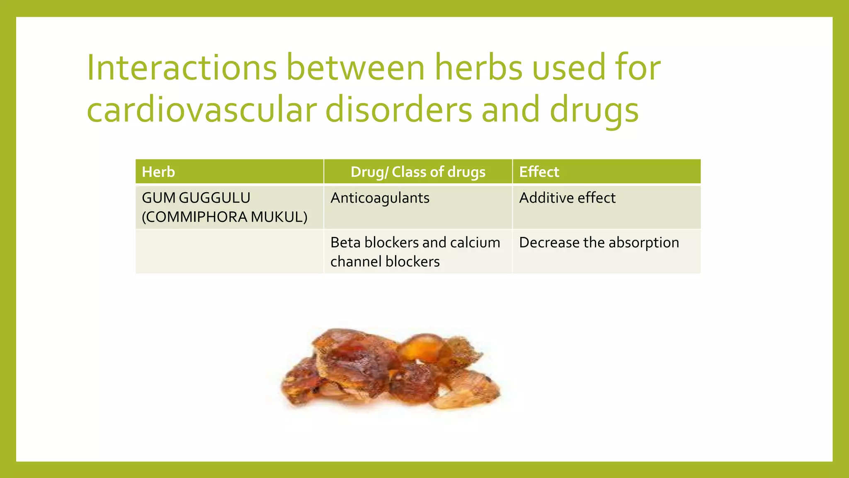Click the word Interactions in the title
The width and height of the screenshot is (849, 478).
182,68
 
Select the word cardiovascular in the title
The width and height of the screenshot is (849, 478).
201,110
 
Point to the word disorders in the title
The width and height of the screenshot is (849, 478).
398,110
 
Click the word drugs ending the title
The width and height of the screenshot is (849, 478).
594,110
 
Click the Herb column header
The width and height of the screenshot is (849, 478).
158,172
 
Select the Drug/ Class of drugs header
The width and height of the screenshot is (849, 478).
418,172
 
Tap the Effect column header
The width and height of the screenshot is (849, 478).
539,172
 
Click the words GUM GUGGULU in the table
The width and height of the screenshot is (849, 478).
196,198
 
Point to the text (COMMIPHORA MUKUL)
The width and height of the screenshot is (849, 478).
225,217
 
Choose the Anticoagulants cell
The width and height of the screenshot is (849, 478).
380,198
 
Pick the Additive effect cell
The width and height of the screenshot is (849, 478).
567,198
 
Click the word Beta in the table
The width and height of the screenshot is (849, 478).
345,242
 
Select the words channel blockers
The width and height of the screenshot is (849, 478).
385,262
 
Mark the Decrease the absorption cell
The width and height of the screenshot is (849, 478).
599,242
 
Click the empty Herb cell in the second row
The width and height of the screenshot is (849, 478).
229,251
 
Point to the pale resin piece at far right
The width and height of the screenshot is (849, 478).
468,388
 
